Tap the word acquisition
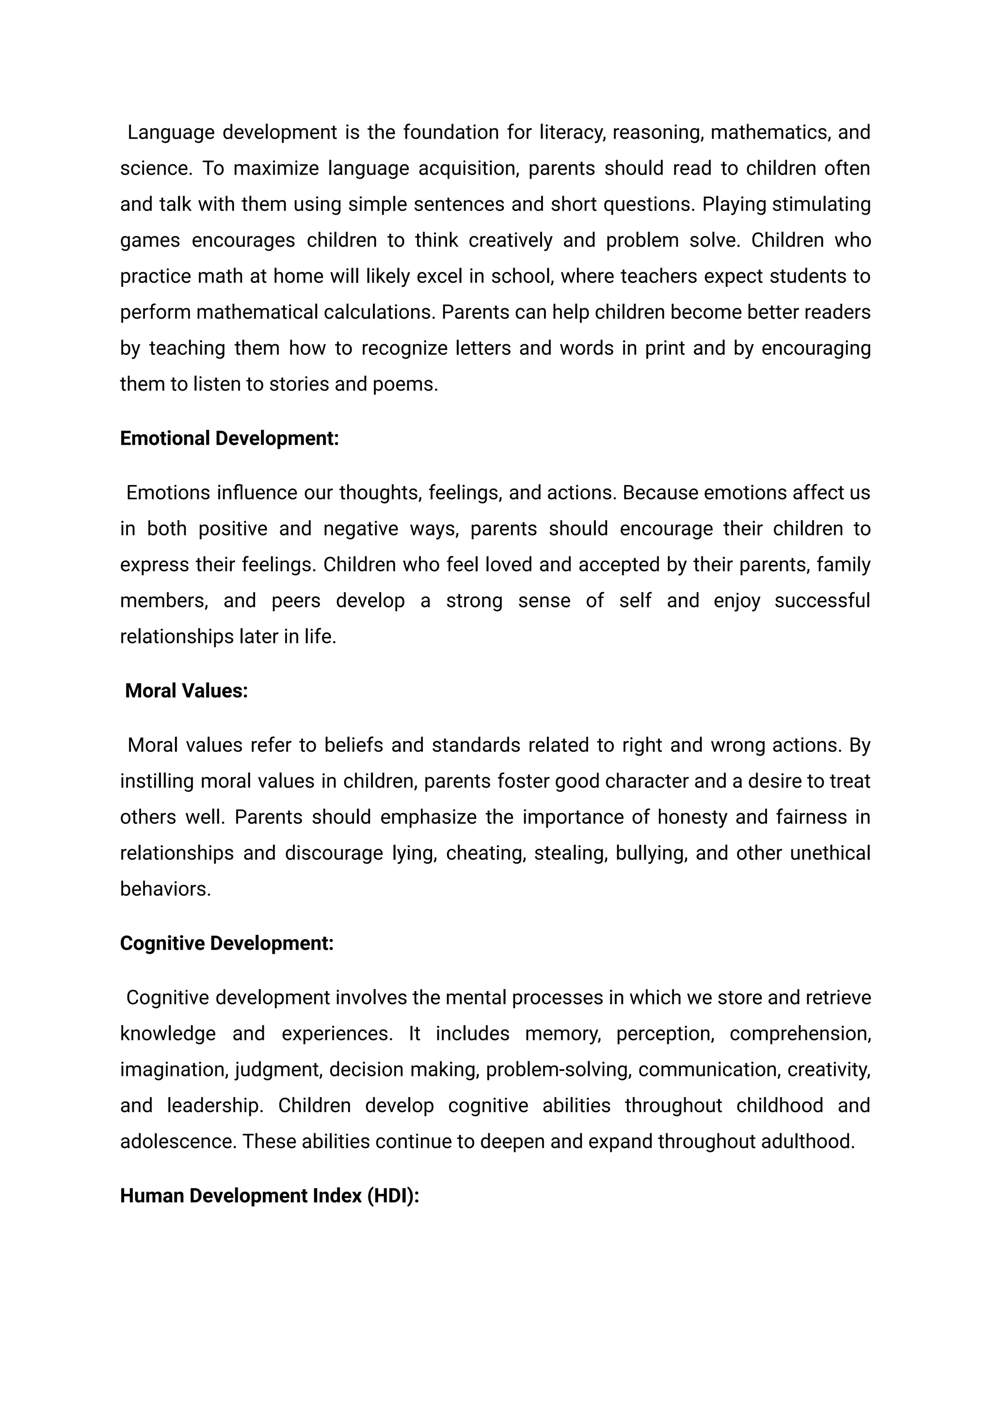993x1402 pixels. pos(468,168)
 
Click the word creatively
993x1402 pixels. pos(511,240)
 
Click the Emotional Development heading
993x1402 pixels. pos(229,439)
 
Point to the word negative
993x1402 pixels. pos(361,529)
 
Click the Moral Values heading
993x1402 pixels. pos(187,691)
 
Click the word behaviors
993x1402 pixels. pos(165,889)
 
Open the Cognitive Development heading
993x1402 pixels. pos(227,944)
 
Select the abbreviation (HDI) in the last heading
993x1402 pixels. pos(393,1196)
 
